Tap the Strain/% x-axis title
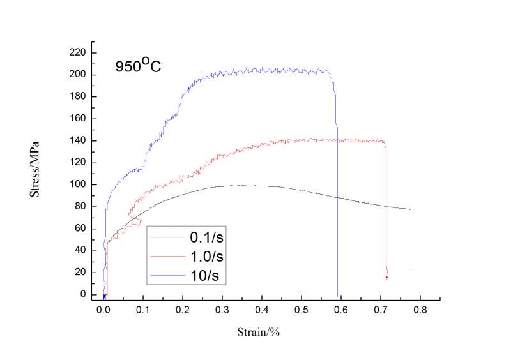click(x=259, y=332)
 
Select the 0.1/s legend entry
click(x=207, y=237)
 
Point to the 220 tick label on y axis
click(x=79, y=53)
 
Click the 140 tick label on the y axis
click(x=79, y=140)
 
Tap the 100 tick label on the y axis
click(x=79, y=184)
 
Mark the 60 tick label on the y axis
click(x=81, y=229)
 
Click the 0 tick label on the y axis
click(x=84, y=294)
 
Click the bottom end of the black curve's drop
click(x=411, y=269)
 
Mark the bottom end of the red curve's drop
click(x=387, y=278)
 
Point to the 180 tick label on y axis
click(x=79, y=97)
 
